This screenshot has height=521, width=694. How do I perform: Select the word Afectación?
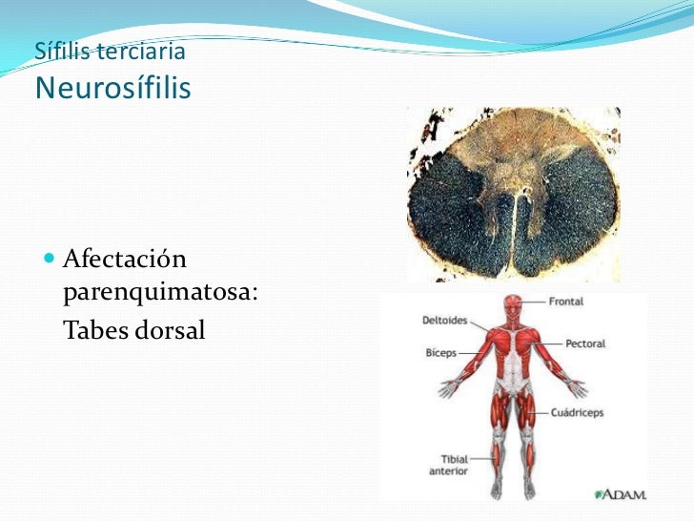tap(123, 259)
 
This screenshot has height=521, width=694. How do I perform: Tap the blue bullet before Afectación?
tap(50, 260)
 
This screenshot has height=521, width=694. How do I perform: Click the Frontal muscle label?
tap(566, 302)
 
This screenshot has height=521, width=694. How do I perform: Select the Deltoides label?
tap(444, 321)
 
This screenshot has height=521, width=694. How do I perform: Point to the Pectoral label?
tap(585, 344)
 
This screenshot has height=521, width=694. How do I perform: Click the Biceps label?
tap(441, 352)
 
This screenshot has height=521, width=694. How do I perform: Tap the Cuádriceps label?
tap(577, 413)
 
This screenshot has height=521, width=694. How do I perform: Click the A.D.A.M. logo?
tap(621, 493)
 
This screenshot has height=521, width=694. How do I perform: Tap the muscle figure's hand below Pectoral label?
tap(578, 387)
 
